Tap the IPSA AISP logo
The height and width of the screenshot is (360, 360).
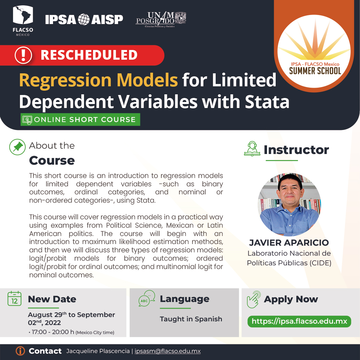(84, 19)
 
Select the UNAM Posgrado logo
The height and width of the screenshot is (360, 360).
(161, 19)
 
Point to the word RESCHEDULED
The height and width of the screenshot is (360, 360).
(89, 55)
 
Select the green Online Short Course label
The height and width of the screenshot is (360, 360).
(80, 120)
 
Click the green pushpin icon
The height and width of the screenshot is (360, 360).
(17, 147)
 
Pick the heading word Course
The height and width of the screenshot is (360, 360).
(52, 161)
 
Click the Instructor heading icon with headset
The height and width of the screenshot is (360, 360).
(252, 149)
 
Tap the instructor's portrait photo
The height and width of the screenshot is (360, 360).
(289, 204)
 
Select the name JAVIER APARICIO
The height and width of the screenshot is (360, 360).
(289, 242)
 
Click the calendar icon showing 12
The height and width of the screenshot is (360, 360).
(14, 298)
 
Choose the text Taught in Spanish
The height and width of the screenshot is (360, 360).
(191, 319)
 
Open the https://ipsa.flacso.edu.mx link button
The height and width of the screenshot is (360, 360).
(299, 321)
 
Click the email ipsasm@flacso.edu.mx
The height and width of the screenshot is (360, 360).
(167, 351)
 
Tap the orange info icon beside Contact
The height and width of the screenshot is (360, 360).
(20, 351)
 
